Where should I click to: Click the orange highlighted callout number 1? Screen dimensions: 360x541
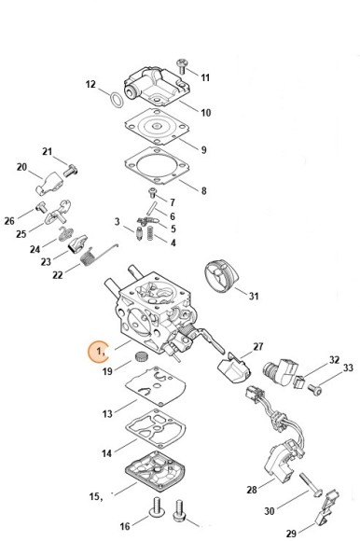coord(99,352)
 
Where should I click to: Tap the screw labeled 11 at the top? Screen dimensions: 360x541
coord(182,66)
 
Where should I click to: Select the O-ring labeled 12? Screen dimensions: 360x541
coord(117,100)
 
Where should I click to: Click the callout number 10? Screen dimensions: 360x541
coord(205,113)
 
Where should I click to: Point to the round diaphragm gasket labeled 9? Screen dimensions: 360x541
coord(157,127)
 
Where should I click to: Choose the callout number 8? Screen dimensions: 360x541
coord(204,190)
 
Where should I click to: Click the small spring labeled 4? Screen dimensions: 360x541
coord(150,233)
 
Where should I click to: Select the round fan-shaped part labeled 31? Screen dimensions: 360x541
coord(221,276)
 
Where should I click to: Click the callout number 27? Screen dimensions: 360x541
coord(258,346)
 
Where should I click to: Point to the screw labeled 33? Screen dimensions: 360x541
coord(315,390)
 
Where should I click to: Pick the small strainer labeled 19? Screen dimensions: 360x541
coord(141,355)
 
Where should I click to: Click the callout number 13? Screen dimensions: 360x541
coord(107,413)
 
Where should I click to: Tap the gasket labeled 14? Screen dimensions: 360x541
coord(156,428)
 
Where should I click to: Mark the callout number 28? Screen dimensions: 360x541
coord(252,490)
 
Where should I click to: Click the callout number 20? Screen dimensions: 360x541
coord(21,167)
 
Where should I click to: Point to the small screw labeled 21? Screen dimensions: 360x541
coord(70,170)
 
